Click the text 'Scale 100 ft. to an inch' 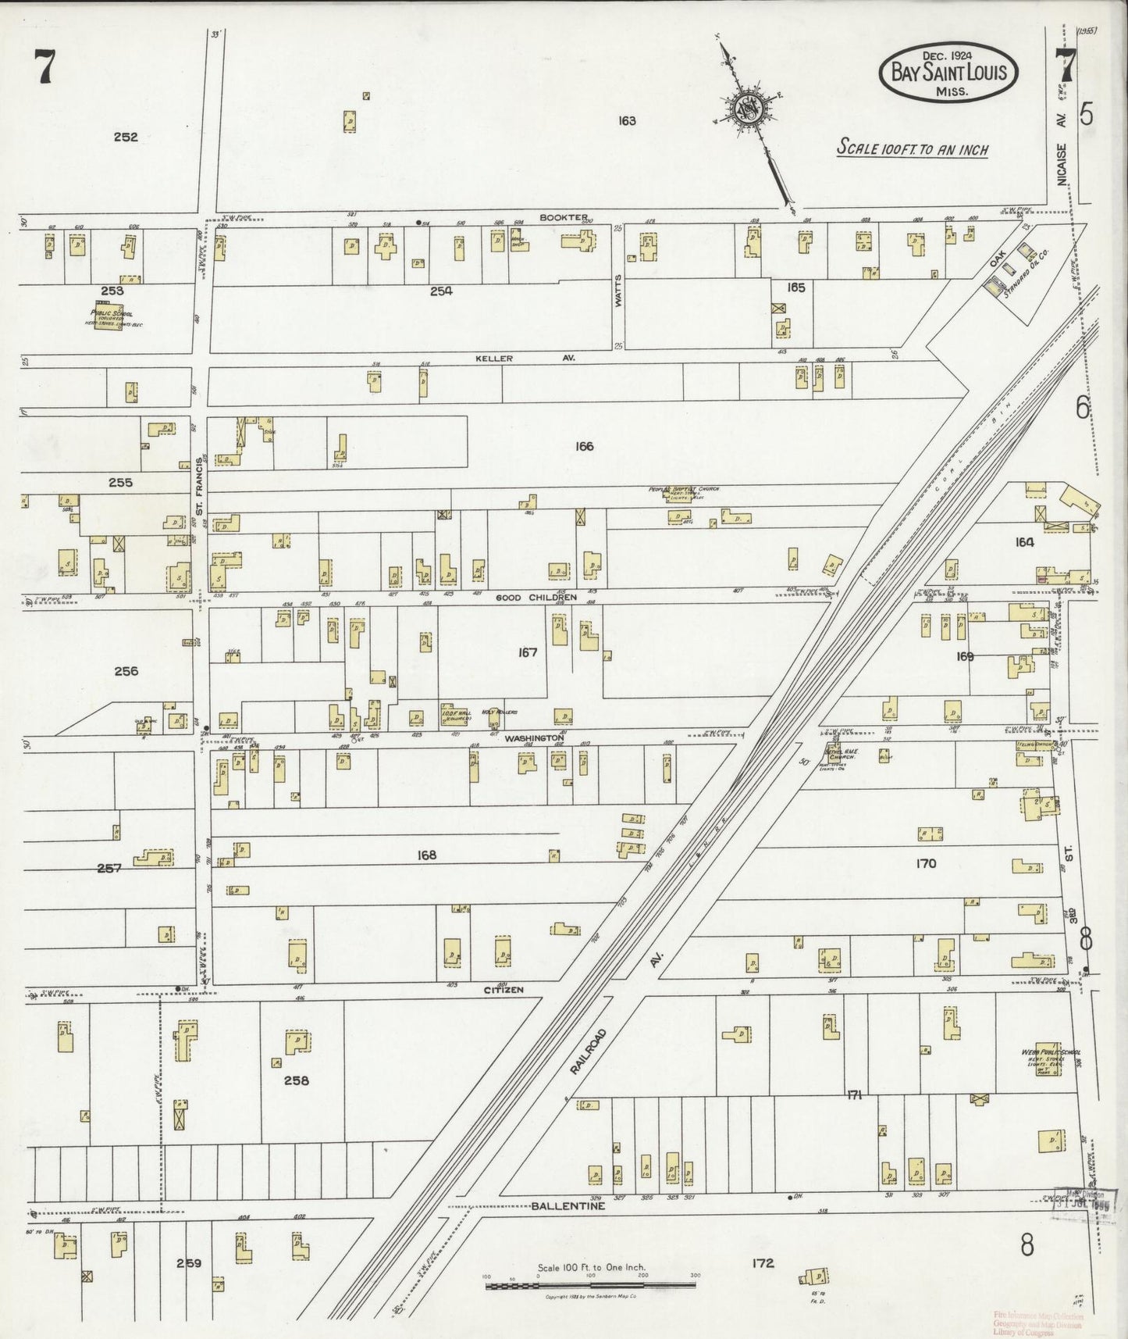912,148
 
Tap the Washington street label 534,737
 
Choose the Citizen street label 504,989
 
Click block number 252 125,137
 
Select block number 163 626,120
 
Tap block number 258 297,1080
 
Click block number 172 763,1262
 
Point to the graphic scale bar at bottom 590,1285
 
